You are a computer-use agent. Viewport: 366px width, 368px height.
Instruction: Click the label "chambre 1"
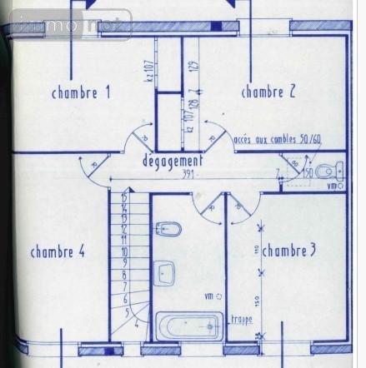[x=81, y=93]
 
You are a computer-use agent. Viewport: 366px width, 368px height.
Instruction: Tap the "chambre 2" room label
[x=268, y=92]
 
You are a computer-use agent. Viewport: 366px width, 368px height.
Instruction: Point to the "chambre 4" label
[x=58, y=251]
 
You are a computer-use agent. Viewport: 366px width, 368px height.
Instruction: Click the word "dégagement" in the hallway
[x=173, y=160]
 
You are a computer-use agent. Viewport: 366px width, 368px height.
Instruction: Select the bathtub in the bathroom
[x=189, y=326]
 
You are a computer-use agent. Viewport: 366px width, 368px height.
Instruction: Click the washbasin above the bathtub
[x=164, y=272]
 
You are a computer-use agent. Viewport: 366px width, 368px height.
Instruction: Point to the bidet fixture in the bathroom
[x=169, y=228]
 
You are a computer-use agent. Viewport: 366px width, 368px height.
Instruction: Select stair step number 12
[x=123, y=226]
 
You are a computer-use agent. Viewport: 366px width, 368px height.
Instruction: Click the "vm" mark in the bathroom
[x=209, y=296]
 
